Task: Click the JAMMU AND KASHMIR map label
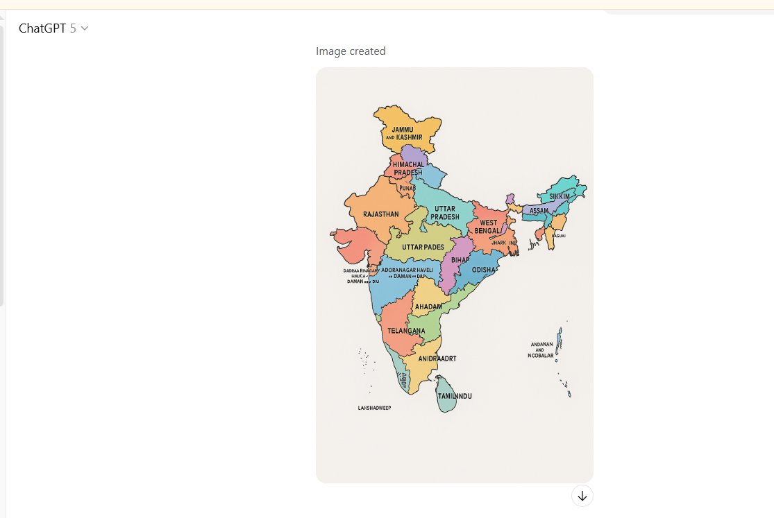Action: (403, 133)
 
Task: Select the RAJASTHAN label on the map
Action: (381, 214)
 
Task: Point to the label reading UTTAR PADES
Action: (423, 247)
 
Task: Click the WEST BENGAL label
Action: (488, 227)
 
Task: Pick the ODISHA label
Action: (484, 270)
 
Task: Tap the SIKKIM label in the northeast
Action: (560, 196)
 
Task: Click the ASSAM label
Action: (539, 210)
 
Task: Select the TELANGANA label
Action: (406, 331)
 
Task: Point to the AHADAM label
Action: (428, 307)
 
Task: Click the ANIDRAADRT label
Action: (437, 359)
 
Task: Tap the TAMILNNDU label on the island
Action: (455, 396)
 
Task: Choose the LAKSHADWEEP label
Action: (374, 408)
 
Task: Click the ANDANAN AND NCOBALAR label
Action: (542, 350)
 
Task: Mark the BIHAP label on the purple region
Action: (460, 260)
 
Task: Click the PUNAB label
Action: (407, 188)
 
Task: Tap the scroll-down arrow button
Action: (582, 496)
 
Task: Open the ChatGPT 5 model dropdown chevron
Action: (85, 28)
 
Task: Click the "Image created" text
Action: (351, 51)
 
